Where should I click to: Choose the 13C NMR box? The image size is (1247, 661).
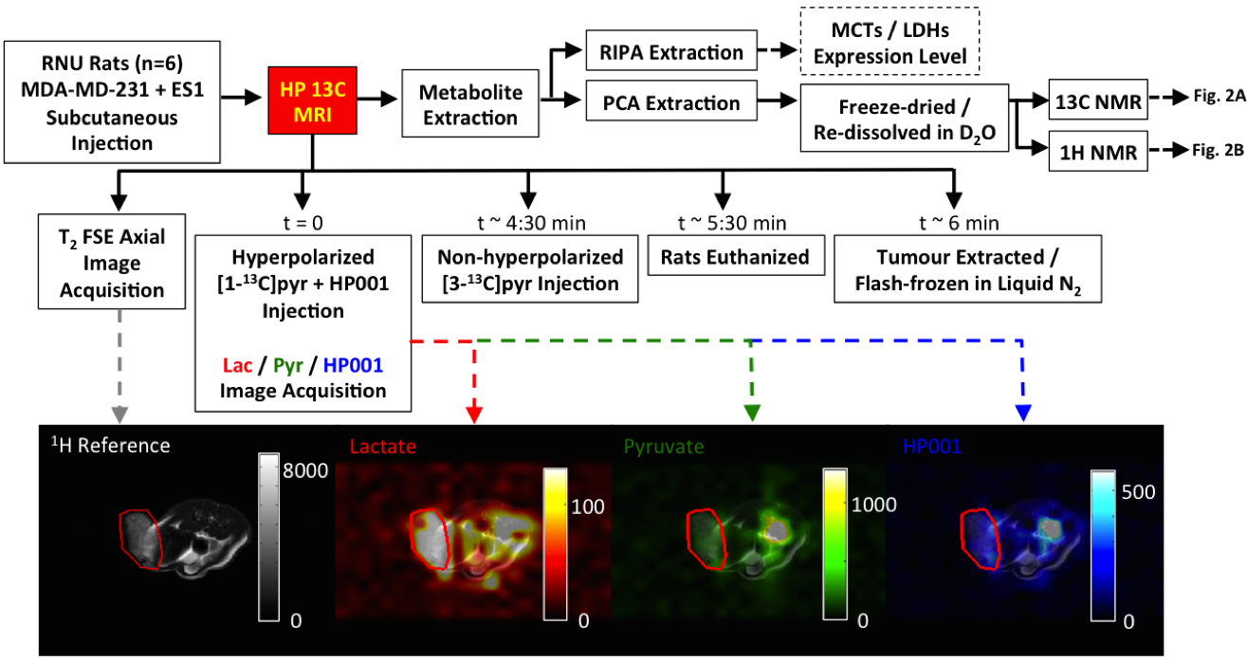click(1098, 99)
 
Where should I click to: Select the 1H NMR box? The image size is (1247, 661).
click(1098, 150)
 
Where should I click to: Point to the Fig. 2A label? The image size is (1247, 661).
click(1213, 97)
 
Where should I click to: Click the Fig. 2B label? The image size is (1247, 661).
click(1213, 150)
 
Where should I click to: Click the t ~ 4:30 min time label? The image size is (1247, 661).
click(530, 224)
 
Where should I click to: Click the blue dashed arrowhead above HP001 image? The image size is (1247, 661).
click(1023, 413)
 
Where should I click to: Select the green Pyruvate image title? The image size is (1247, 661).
click(663, 446)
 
